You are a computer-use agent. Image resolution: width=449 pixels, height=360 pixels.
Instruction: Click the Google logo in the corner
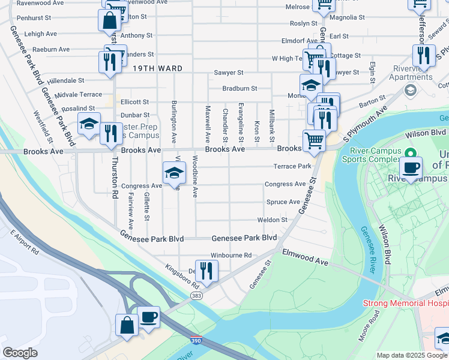[x=20, y=353]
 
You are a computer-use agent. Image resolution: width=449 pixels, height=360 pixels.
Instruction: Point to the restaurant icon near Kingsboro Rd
[x=206, y=270]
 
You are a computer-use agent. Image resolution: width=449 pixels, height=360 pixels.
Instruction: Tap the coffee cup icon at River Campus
[x=411, y=168]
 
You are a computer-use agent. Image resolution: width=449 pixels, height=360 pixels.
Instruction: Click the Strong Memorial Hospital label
[x=405, y=303]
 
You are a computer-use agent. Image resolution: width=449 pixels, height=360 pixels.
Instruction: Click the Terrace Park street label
[x=292, y=166]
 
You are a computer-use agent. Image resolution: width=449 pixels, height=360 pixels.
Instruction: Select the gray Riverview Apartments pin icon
[x=411, y=90]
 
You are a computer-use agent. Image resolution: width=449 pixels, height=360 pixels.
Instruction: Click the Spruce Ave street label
[x=282, y=202]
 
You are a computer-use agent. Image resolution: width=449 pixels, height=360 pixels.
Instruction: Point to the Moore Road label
[x=367, y=328]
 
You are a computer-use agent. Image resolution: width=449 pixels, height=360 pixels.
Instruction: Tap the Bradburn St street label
[x=240, y=88]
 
